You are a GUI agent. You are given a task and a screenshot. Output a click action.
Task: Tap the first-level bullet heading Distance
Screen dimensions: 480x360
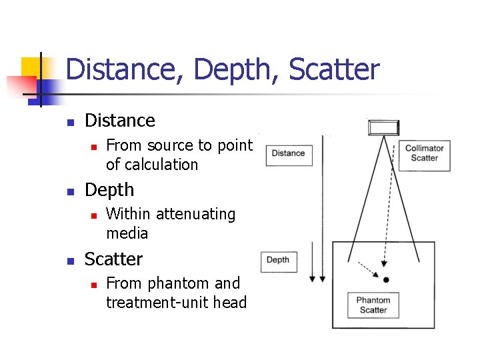[120, 121]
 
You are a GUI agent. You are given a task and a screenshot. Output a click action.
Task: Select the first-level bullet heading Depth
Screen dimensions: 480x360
[109, 190]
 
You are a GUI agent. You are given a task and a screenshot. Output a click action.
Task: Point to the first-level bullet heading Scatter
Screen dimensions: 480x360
[113, 259]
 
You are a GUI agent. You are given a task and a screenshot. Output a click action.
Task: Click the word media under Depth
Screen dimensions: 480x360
[127, 233]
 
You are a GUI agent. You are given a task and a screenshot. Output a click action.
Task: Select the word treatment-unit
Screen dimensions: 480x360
[160, 303]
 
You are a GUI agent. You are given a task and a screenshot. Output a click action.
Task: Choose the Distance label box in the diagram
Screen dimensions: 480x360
[288, 153]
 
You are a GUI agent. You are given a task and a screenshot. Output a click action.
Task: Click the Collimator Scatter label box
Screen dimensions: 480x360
[424, 153]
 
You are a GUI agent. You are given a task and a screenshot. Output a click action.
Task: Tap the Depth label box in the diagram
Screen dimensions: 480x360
[277, 260]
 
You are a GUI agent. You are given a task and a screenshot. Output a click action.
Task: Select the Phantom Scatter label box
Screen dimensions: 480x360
[373, 305]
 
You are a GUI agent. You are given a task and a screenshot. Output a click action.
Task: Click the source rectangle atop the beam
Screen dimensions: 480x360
[384, 127]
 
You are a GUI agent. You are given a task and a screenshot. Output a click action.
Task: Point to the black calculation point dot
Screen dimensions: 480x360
[386, 279]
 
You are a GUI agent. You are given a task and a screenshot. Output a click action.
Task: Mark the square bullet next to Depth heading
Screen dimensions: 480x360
[69, 191]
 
